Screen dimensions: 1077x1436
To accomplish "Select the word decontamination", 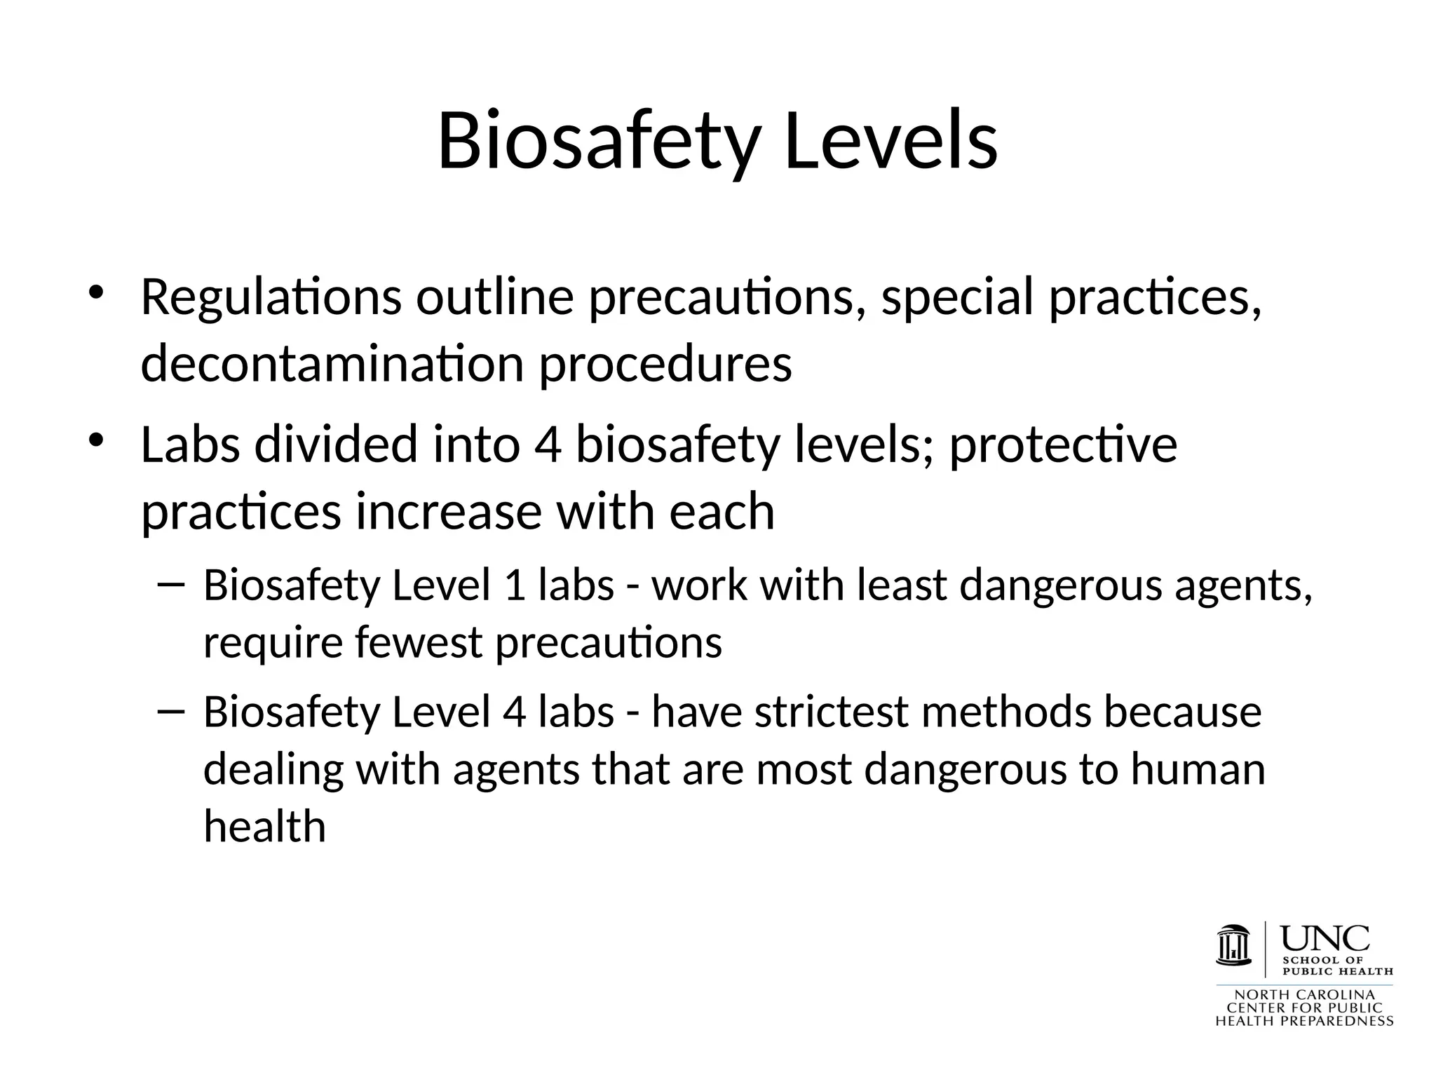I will [x=332, y=365].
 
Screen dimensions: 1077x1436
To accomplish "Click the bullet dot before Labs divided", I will [x=96, y=440].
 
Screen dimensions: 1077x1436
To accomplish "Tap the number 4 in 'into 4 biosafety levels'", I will [x=548, y=445].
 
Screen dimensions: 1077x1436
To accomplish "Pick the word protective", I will [x=1063, y=446].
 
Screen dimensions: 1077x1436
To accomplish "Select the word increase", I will [x=449, y=512].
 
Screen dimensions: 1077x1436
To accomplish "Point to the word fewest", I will [x=419, y=643].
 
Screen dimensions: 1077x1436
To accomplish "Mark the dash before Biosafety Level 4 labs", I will [x=172, y=712].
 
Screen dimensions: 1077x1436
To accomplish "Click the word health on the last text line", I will [x=264, y=827].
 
